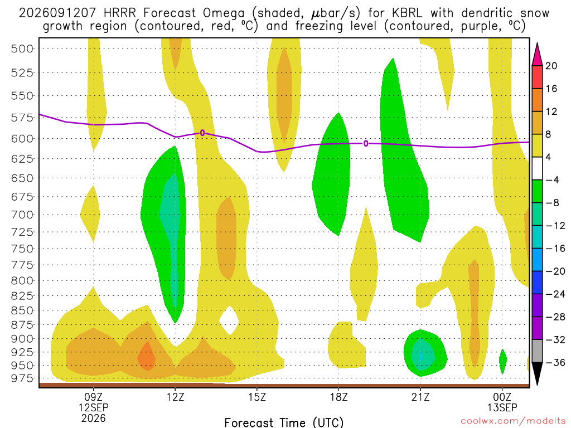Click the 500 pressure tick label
click(22, 49)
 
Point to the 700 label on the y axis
click(22, 215)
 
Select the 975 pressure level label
click(22, 378)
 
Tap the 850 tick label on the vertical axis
click(22, 310)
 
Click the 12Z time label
click(176, 397)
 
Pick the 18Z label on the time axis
click(339, 397)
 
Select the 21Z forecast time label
click(420, 397)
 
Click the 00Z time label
click(502, 397)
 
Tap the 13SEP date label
click(502, 407)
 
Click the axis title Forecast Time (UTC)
click(284, 422)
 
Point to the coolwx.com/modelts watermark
click(513, 421)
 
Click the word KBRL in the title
click(407, 13)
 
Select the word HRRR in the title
click(119, 13)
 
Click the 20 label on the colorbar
click(551, 66)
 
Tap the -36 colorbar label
click(555, 362)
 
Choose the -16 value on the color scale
click(555, 249)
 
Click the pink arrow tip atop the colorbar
click(537, 43)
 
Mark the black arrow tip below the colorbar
click(537, 385)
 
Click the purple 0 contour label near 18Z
click(366, 144)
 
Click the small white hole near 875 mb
click(229, 320)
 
